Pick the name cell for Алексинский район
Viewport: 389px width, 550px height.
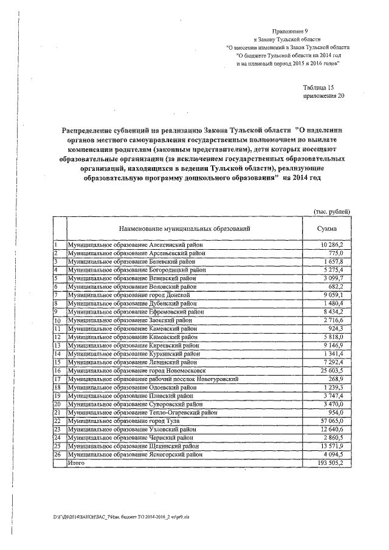tap(135, 244)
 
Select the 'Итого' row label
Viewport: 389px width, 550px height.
tap(76, 462)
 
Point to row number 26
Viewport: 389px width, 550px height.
tap(58, 454)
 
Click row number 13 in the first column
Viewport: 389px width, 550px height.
tap(58, 345)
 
